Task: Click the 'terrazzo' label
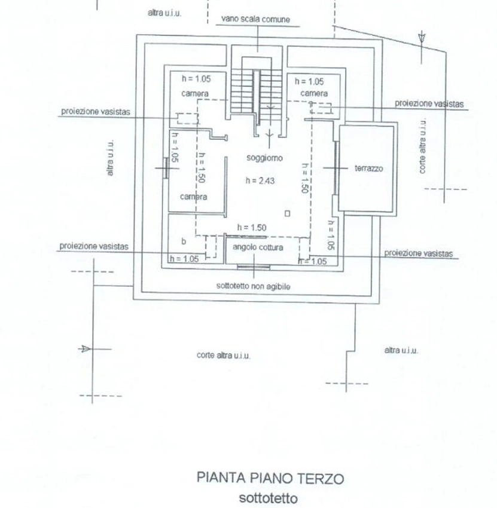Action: click(x=369, y=169)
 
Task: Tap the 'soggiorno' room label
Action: click(x=264, y=158)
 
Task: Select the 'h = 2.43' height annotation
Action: click(x=260, y=180)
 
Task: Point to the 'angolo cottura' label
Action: click(x=258, y=247)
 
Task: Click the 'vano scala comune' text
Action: click(x=255, y=19)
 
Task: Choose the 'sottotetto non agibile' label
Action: click(x=253, y=286)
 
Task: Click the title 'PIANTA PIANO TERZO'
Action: click(x=270, y=478)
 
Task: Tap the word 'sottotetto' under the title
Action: click(x=268, y=498)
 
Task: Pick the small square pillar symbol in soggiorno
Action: click(x=287, y=213)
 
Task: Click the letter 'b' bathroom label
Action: click(x=184, y=241)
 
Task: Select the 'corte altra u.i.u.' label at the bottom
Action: click(x=223, y=356)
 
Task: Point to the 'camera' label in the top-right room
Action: click(x=314, y=93)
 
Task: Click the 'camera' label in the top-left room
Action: click(x=194, y=94)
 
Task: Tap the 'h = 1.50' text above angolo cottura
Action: click(x=252, y=228)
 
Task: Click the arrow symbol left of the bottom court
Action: click(x=84, y=349)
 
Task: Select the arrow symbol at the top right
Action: click(x=422, y=37)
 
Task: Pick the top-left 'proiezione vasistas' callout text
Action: click(x=96, y=111)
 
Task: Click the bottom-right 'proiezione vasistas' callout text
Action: click(x=418, y=253)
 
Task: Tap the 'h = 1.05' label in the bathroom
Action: click(x=184, y=259)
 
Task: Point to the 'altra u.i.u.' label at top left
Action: click(x=164, y=13)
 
